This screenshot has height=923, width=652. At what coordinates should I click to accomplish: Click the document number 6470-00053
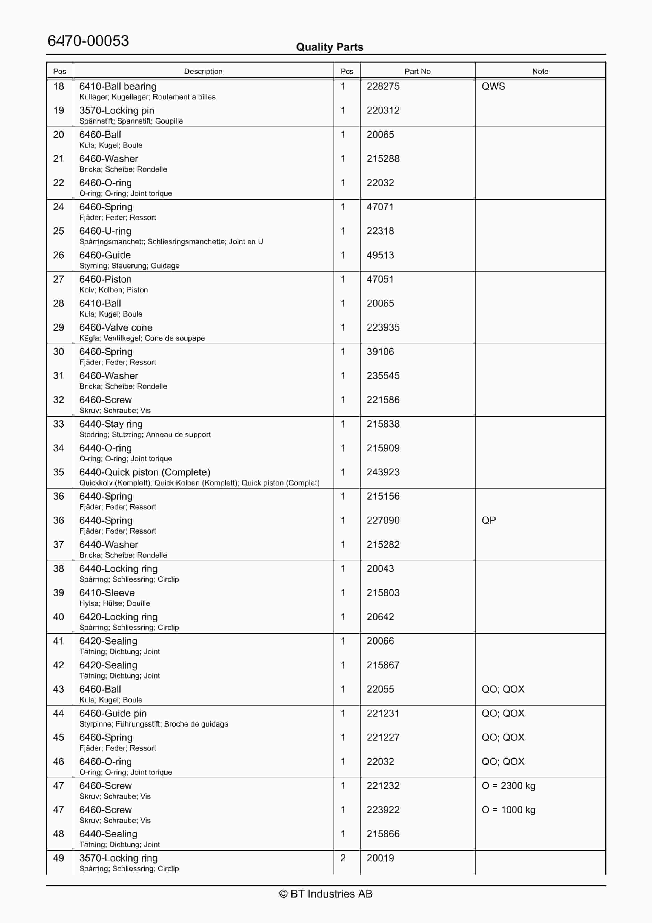[88, 41]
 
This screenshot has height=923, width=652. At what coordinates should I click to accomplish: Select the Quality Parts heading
[329, 47]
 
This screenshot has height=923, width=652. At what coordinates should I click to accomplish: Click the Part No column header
[417, 71]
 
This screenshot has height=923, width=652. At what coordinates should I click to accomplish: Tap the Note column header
[540, 71]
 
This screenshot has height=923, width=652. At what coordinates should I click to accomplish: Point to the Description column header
[203, 71]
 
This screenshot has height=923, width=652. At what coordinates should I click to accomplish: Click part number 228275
[383, 86]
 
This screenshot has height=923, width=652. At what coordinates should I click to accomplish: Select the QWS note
[493, 86]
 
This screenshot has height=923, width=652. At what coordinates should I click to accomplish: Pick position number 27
[59, 279]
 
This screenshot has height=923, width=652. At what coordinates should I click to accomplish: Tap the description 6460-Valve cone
[116, 328]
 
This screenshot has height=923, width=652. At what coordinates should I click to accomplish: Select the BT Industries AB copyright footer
[326, 894]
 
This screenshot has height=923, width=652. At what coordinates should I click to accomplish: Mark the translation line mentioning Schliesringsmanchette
[171, 242]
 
